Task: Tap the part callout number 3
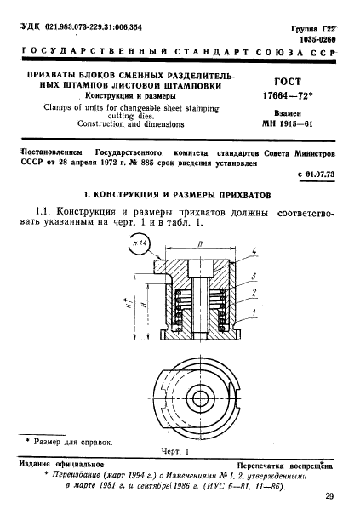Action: pos(254,276)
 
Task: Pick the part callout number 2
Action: pos(254,293)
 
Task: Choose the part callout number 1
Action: pos(254,312)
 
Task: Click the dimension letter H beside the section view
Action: pos(142,300)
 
